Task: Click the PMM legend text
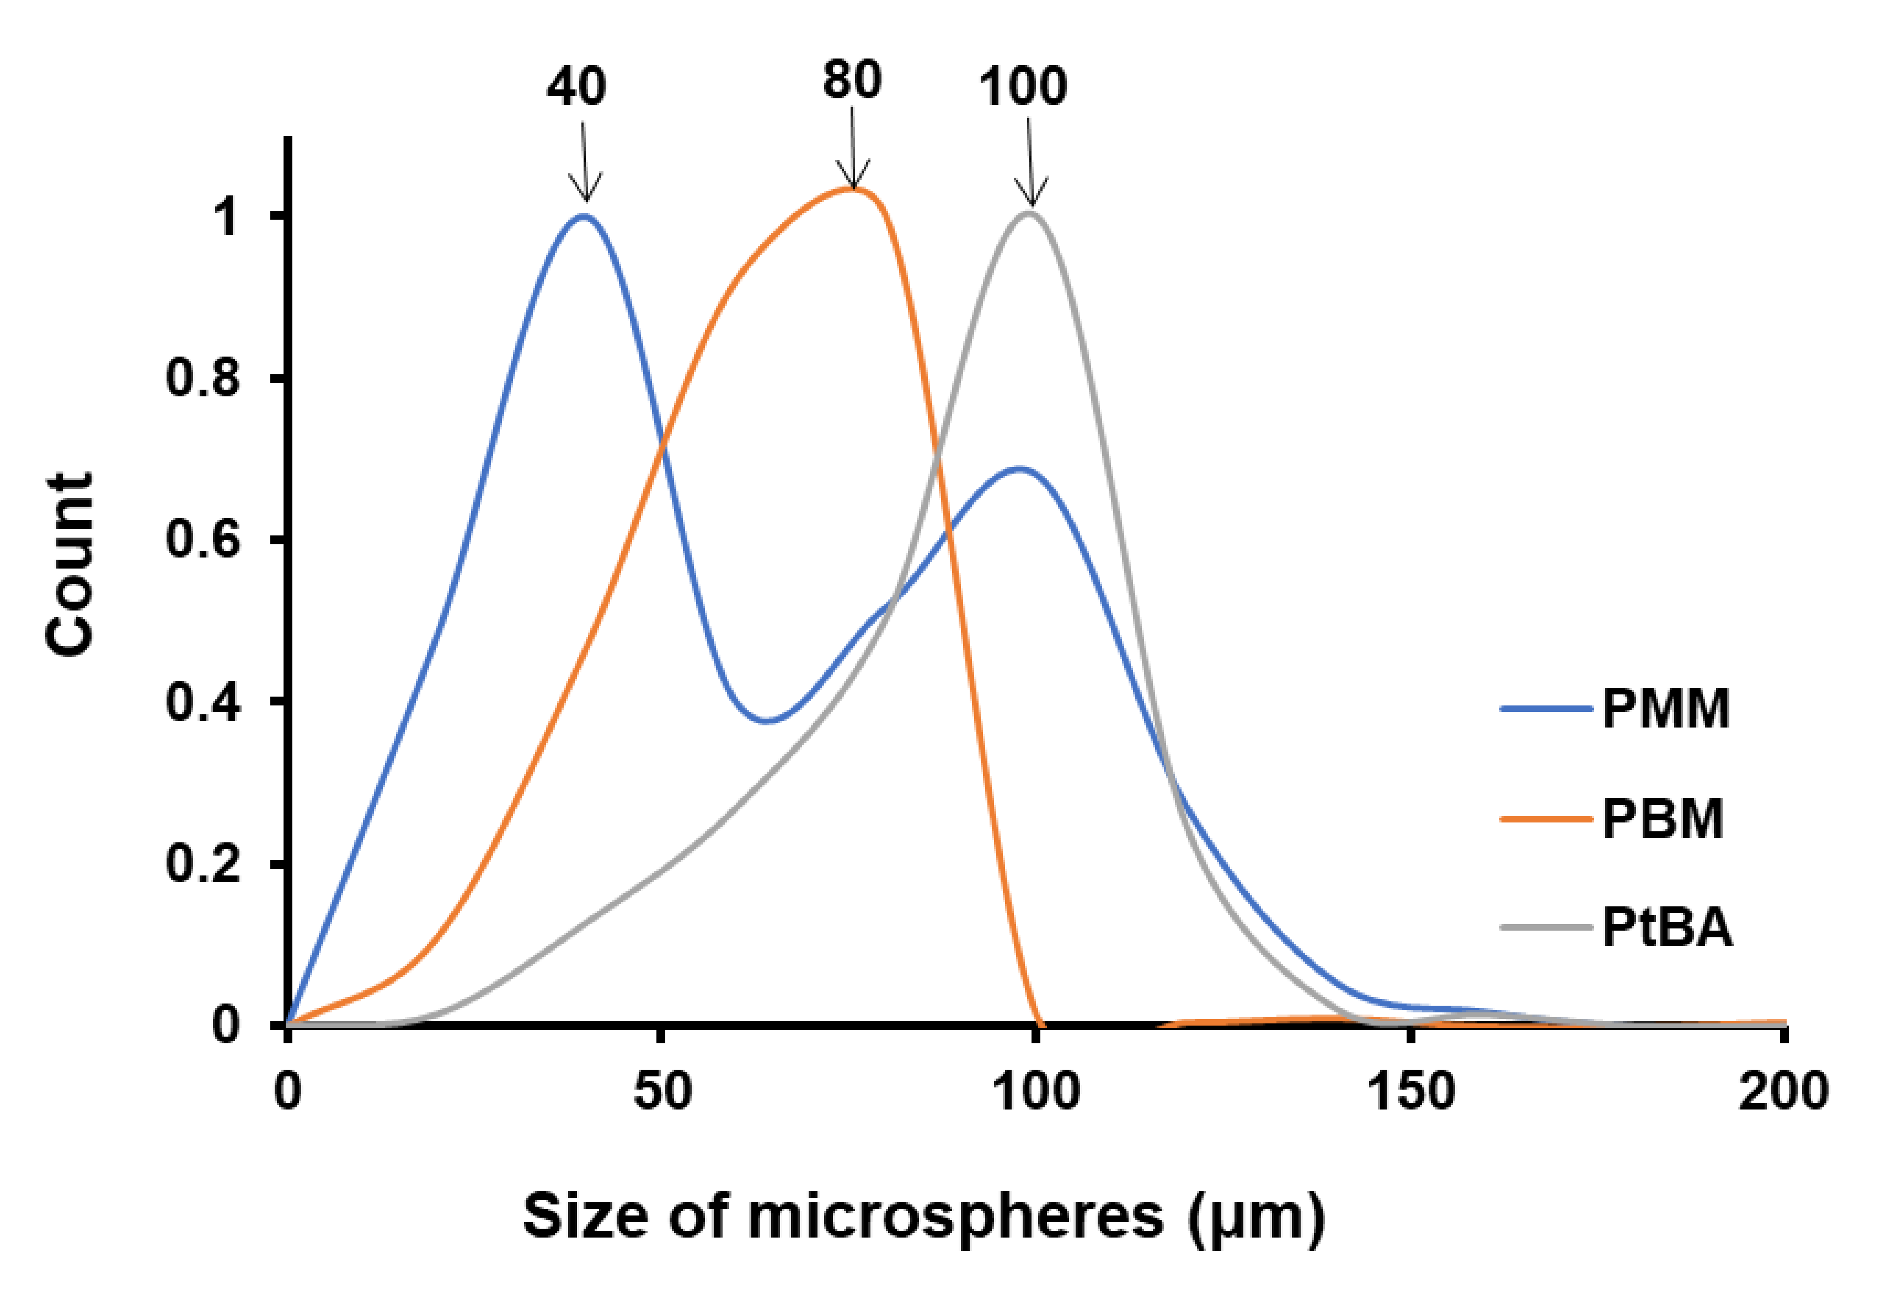tap(1666, 709)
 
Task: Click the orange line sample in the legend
tap(1547, 818)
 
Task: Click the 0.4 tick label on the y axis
tap(202, 702)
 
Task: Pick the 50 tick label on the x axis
tap(662, 1091)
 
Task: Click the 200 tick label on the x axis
tap(1783, 1091)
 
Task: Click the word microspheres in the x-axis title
tap(955, 1216)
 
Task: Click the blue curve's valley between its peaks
tap(767, 721)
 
